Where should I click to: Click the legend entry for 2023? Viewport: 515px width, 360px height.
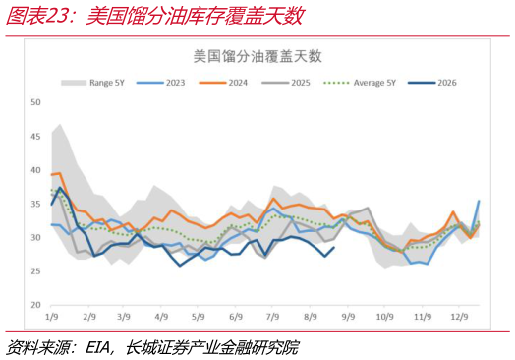[160, 83]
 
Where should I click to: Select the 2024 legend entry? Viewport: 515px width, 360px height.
[223, 83]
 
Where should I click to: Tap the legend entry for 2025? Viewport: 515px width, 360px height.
[286, 83]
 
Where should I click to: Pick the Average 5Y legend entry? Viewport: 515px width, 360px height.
[360, 83]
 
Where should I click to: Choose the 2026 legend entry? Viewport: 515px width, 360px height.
[432, 83]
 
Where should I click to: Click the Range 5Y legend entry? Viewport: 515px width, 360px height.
[93, 83]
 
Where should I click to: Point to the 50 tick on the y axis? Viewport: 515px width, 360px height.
[35, 102]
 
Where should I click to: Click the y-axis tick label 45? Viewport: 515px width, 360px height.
[35, 136]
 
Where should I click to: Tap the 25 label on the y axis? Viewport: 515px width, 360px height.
[35, 271]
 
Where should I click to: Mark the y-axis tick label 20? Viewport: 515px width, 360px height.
[35, 305]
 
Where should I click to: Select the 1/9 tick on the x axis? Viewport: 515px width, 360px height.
[51, 317]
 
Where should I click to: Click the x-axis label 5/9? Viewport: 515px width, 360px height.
[199, 317]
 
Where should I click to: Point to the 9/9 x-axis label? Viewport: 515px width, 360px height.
[349, 317]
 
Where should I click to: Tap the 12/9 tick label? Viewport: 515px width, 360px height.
[459, 317]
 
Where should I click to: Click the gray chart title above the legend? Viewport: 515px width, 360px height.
[257, 56]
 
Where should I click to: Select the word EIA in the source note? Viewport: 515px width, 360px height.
[97, 347]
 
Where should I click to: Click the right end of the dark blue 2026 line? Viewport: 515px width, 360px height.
[334, 247]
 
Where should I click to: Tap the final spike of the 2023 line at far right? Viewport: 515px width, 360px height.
[479, 201]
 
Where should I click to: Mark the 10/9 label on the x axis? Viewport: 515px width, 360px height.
[385, 317]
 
